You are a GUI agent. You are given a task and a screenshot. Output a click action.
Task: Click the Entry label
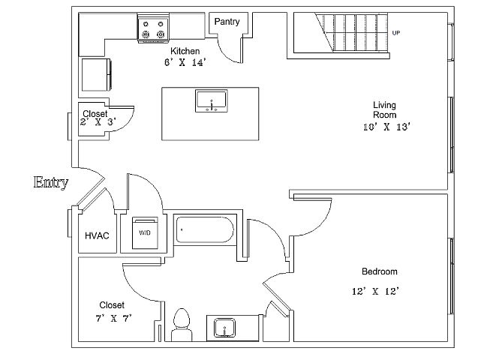coord(51,181)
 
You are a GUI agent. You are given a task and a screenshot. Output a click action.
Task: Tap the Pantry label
coord(227,22)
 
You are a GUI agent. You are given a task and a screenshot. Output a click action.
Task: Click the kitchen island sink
coord(211,100)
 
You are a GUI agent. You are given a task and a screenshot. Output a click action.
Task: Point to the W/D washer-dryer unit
coord(143,232)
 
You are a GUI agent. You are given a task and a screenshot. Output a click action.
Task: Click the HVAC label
coord(97,235)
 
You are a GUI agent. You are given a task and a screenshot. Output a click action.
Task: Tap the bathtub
coord(204,230)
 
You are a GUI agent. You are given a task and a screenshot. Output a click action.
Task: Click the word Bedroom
coord(379,271)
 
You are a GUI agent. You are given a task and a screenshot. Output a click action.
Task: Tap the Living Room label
coord(384,109)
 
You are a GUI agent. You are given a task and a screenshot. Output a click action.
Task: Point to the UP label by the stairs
coord(395,32)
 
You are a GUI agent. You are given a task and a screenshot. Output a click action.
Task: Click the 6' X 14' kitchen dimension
coord(185,62)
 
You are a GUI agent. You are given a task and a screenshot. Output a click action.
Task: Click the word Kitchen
coord(185,51)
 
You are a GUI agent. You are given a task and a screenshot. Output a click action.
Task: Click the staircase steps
coord(353,34)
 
